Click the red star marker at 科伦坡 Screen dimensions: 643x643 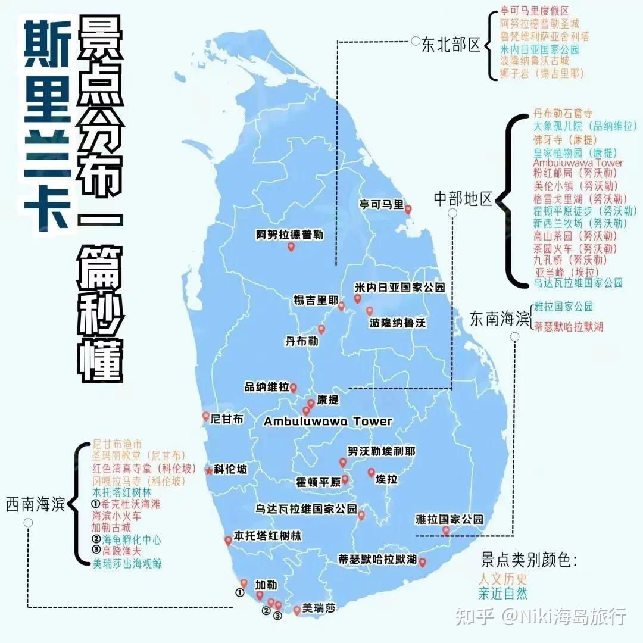(209, 470)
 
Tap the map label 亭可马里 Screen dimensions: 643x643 (381, 204)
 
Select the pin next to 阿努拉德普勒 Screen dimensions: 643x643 (291, 247)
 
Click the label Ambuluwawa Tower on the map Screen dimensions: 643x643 (328, 422)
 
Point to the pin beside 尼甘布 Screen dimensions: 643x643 (206, 416)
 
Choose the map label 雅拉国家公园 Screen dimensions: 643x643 (450, 520)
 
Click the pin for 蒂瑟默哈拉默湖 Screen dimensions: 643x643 (422, 562)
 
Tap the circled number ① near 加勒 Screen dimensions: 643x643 (239, 593)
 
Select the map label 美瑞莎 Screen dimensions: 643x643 (319, 608)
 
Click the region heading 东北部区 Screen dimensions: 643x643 (451, 45)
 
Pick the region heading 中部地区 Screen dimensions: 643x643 (463, 199)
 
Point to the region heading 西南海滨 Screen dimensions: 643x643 (35, 505)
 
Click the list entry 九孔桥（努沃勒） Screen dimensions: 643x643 (570, 260)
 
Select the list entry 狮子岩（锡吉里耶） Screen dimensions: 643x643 (542, 74)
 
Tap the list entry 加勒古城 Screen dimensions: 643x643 (111, 527)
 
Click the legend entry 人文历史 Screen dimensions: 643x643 (503, 578)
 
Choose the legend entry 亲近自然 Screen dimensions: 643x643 (503, 593)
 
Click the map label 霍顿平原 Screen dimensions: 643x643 (319, 482)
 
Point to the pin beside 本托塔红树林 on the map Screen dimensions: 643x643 (228, 541)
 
